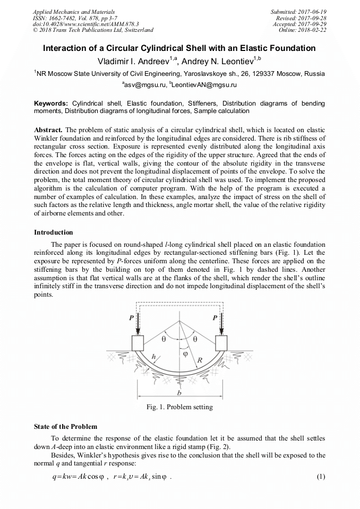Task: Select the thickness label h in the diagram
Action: [x=153, y=357]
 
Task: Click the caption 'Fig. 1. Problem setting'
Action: [x=179, y=407]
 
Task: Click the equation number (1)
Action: [x=320, y=476]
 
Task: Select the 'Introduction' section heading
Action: [x=54, y=232]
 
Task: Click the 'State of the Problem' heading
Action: [x=65, y=427]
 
